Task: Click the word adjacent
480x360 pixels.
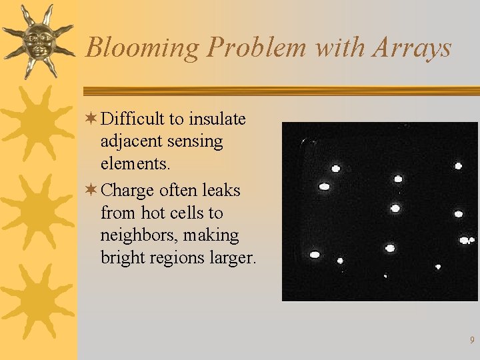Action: coord(131,141)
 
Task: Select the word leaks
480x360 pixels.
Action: coord(221,191)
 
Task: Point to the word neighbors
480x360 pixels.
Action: coord(135,235)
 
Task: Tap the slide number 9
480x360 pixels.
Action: coord(472,341)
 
